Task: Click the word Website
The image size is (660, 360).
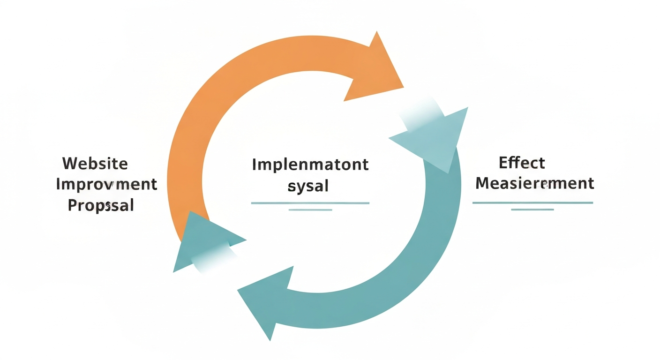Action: [95, 164]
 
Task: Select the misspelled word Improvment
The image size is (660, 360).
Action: [106, 184]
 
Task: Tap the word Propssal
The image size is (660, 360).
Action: [101, 205]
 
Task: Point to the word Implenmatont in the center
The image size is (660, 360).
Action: [310, 165]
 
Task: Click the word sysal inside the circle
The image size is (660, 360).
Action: [308, 186]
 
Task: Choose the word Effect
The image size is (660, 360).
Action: [522, 163]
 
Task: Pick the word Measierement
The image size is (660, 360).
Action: [535, 183]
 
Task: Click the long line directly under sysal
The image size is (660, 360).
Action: [310, 203]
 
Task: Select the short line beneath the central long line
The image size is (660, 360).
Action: [310, 210]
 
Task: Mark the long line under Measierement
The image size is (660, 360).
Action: [532, 202]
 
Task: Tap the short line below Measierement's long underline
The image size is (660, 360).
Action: [532, 209]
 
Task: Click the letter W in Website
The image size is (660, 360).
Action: [70, 164]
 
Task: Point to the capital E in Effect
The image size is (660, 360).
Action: [504, 163]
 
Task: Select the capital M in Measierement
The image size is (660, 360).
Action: [483, 183]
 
